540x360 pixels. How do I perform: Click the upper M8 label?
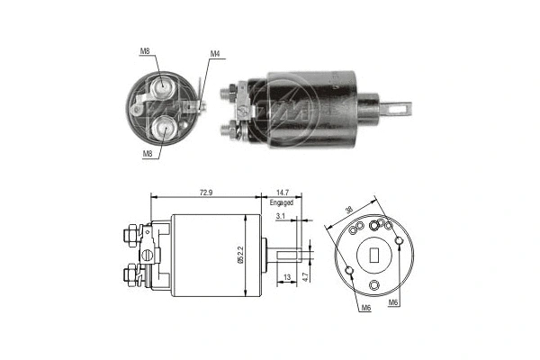click(146, 52)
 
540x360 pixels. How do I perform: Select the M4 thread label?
click(215, 54)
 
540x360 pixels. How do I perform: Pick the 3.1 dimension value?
click(281, 217)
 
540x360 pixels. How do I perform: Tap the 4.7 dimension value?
click(305, 277)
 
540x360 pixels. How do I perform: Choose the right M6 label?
click(393, 303)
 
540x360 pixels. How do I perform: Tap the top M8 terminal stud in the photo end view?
click(163, 87)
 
